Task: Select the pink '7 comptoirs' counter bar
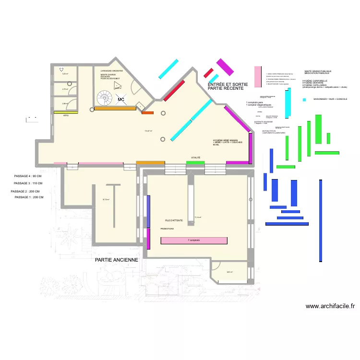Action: (x=194, y=240)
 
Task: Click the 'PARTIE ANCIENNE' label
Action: (x=117, y=260)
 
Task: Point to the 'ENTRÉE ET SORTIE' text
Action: (x=228, y=84)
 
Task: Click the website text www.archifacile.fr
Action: (x=330, y=306)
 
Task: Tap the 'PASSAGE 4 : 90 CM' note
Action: (x=28, y=177)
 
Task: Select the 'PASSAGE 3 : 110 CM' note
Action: (x=28, y=183)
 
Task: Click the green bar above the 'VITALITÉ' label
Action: (x=195, y=163)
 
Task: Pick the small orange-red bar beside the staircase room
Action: (x=147, y=113)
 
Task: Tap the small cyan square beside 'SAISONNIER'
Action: (x=304, y=99)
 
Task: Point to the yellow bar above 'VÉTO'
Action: (x=61, y=113)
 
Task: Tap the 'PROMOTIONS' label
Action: (x=167, y=229)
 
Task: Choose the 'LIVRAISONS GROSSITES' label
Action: (x=112, y=71)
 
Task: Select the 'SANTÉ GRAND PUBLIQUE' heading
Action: (x=314, y=71)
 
